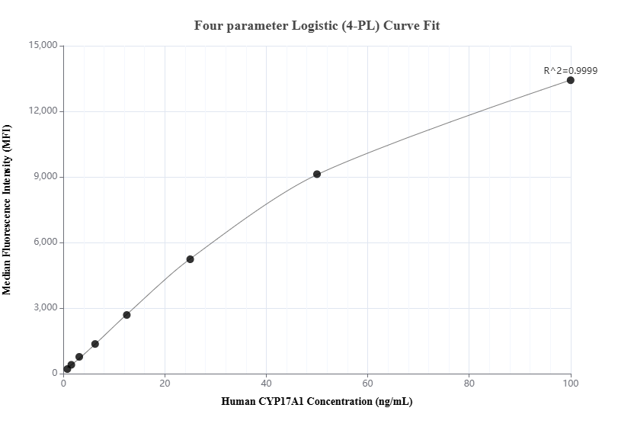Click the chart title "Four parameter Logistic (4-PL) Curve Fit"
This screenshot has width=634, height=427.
click(317, 25)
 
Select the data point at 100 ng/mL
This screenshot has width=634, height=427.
click(570, 80)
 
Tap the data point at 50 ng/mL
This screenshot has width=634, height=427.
click(317, 174)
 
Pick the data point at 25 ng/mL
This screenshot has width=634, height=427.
click(190, 259)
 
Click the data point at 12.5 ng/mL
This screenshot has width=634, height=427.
click(126, 315)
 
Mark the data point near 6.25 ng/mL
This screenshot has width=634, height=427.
click(95, 344)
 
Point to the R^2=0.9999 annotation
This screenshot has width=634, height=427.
click(570, 70)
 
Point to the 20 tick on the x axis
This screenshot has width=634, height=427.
click(165, 383)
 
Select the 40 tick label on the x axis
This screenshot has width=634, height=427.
click(266, 383)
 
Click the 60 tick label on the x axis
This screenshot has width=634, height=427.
click(367, 383)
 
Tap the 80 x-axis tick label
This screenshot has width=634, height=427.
click(469, 383)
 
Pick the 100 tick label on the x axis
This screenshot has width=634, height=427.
click(570, 383)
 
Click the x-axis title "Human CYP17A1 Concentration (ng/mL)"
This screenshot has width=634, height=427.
click(317, 401)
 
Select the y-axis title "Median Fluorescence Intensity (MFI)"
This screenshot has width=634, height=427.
click(8, 210)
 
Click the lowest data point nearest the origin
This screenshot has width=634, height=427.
click(67, 369)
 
